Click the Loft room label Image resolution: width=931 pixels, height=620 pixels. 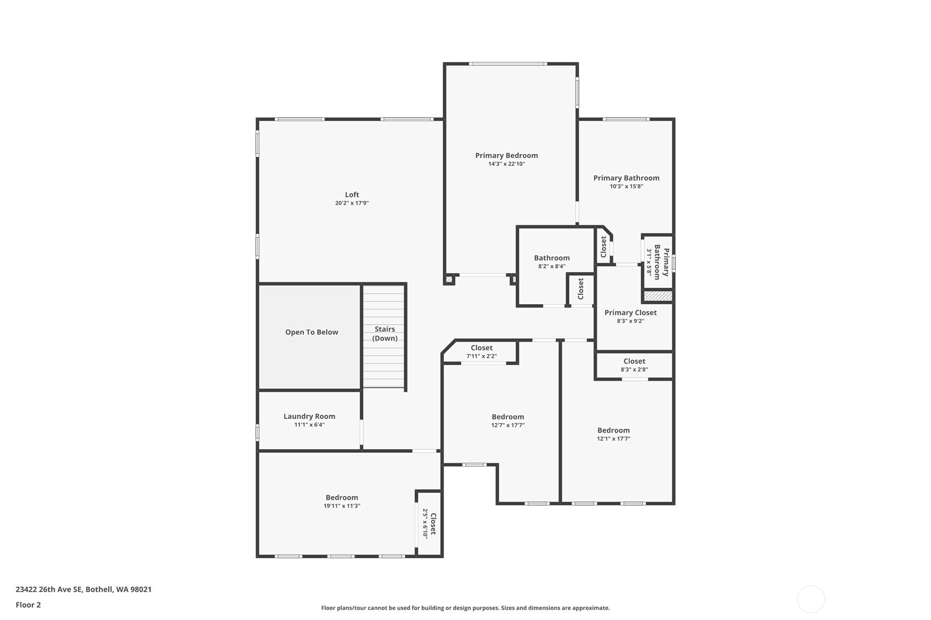coord(352,195)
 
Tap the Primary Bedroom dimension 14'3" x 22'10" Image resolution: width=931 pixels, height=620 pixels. coord(506,163)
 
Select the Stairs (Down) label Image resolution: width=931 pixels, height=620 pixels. coord(385,333)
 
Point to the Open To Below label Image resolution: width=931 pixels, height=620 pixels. coord(311,332)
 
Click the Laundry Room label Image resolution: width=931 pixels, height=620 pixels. coord(309,416)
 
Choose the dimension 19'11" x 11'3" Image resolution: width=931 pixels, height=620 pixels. coord(342,506)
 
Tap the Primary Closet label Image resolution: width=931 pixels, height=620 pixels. coord(630,312)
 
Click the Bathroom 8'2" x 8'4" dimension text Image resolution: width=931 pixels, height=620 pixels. coord(551,266)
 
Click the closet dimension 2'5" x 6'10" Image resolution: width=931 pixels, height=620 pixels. coord(425,524)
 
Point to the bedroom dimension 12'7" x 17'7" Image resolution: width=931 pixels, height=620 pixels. coord(507,425)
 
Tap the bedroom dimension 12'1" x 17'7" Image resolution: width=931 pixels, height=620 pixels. coord(613,439)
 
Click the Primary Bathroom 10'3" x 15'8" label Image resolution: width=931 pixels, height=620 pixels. coord(627,182)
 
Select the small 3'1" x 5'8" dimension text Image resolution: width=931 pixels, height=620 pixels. coord(649,262)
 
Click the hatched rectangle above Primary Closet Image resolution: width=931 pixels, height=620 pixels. coord(658,295)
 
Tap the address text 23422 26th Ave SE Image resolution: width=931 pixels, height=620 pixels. coord(49,589)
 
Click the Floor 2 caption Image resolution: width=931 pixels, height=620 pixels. coord(29,605)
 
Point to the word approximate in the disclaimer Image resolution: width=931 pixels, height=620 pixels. coord(591,608)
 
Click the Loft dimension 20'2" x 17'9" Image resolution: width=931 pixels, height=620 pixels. coord(352,203)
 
